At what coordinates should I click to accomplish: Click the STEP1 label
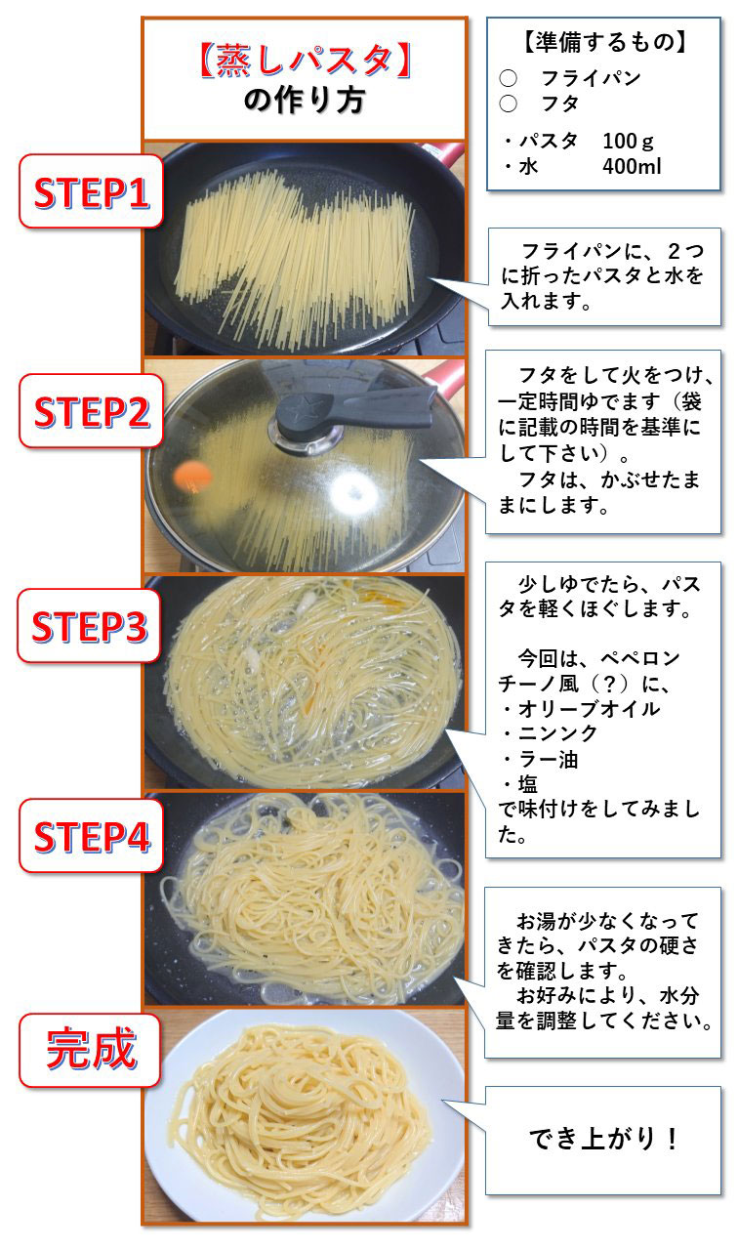[x=91, y=195]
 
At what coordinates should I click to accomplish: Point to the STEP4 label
[x=91, y=837]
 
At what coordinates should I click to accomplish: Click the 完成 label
[x=91, y=1052]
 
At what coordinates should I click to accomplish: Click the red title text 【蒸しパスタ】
[x=303, y=61]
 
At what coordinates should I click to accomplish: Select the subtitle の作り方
[x=303, y=101]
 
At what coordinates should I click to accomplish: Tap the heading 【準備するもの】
[x=603, y=42]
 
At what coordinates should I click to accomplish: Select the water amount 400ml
[x=633, y=166]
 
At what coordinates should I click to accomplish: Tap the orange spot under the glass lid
[x=191, y=476]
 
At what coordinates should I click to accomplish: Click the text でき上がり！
[x=604, y=1139]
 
